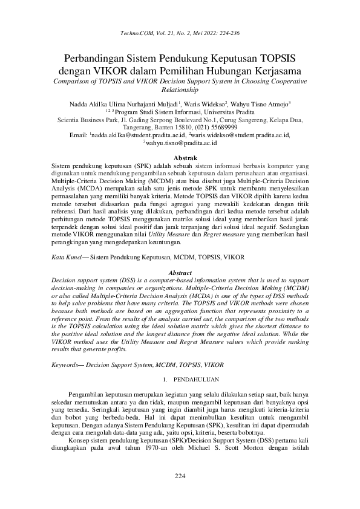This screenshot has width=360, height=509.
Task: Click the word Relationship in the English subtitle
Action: (x=180, y=89)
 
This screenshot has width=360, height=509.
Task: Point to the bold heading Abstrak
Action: (x=180, y=158)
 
